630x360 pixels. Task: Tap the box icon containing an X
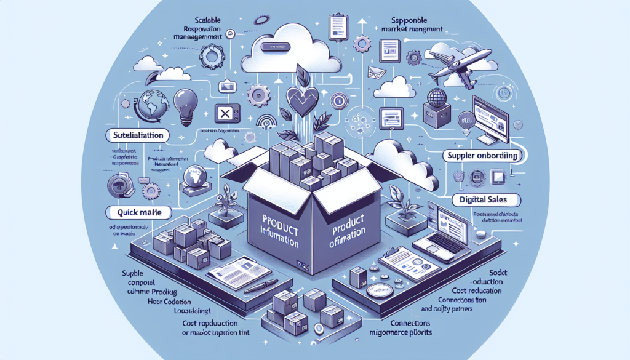point(224,114)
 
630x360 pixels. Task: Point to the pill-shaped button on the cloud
point(273,46)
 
